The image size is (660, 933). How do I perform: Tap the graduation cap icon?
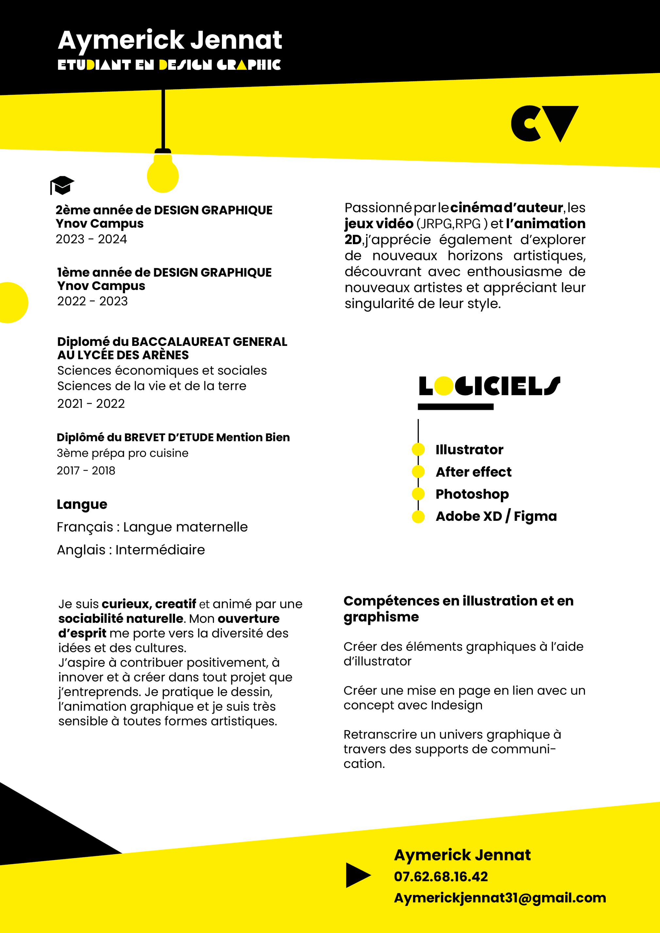[62, 185]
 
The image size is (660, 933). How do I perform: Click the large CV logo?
[544, 124]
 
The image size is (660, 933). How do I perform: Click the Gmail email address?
[500, 898]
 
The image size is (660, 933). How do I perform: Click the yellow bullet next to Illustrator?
[418, 449]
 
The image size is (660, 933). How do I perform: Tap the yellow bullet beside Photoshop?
[418, 494]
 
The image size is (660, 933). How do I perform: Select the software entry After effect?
[473, 472]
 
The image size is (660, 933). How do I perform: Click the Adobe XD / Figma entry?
[496, 516]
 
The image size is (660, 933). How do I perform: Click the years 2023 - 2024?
[91, 239]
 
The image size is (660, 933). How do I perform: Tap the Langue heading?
[82, 504]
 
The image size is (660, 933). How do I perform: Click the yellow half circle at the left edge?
[13, 302]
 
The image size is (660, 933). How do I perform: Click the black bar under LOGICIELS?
[455, 407]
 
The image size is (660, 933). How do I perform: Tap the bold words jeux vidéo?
[379, 224]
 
